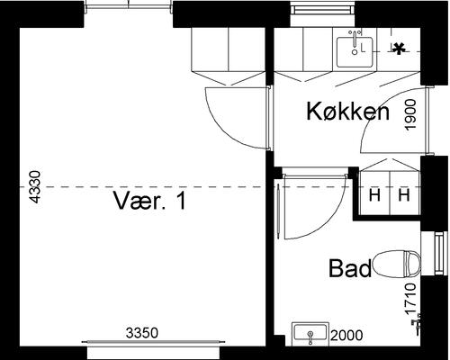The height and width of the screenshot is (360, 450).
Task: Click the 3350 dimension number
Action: click(x=141, y=333)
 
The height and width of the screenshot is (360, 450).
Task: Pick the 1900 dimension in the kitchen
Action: click(x=410, y=115)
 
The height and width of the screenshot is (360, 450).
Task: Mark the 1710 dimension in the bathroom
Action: click(x=410, y=300)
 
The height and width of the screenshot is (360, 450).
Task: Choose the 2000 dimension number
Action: click(x=346, y=336)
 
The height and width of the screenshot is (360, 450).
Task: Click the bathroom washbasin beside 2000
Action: click(x=310, y=335)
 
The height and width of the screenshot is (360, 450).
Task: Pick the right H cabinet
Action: click(x=404, y=194)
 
